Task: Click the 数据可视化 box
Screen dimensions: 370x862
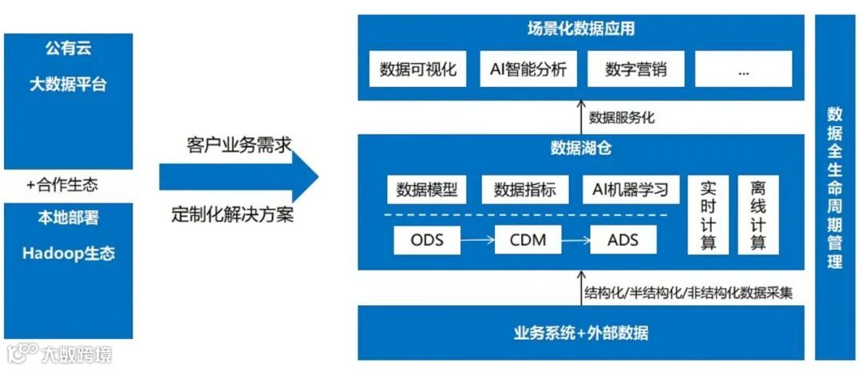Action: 418,69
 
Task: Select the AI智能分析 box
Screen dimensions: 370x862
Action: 528,69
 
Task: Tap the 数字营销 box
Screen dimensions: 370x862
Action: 635,69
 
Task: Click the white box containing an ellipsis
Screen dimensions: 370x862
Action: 743,69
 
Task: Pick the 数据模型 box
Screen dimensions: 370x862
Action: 427,190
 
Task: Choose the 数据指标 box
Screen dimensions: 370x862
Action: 524,190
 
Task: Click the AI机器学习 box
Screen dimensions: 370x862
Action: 630,190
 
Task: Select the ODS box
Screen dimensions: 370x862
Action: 427,239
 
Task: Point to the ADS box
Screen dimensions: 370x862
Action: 623,239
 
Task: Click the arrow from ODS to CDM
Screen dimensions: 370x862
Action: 477,239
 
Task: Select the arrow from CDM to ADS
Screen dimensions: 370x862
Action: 576,239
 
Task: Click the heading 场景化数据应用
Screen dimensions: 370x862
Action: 581,30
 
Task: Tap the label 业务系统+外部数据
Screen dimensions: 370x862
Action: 581,333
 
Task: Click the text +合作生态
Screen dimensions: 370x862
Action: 62,185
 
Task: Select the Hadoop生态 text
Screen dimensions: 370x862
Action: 69,254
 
